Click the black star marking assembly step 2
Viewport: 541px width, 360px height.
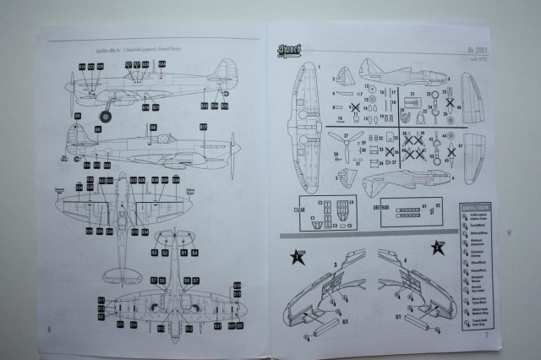tap(438, 248)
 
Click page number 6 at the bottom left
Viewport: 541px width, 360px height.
tap(50, 328)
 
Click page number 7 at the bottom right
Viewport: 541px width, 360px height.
tap(487, 336)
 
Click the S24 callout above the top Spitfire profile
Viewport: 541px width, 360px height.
tap(81, 66)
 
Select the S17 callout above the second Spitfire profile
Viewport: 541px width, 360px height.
tap(204, 127)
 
